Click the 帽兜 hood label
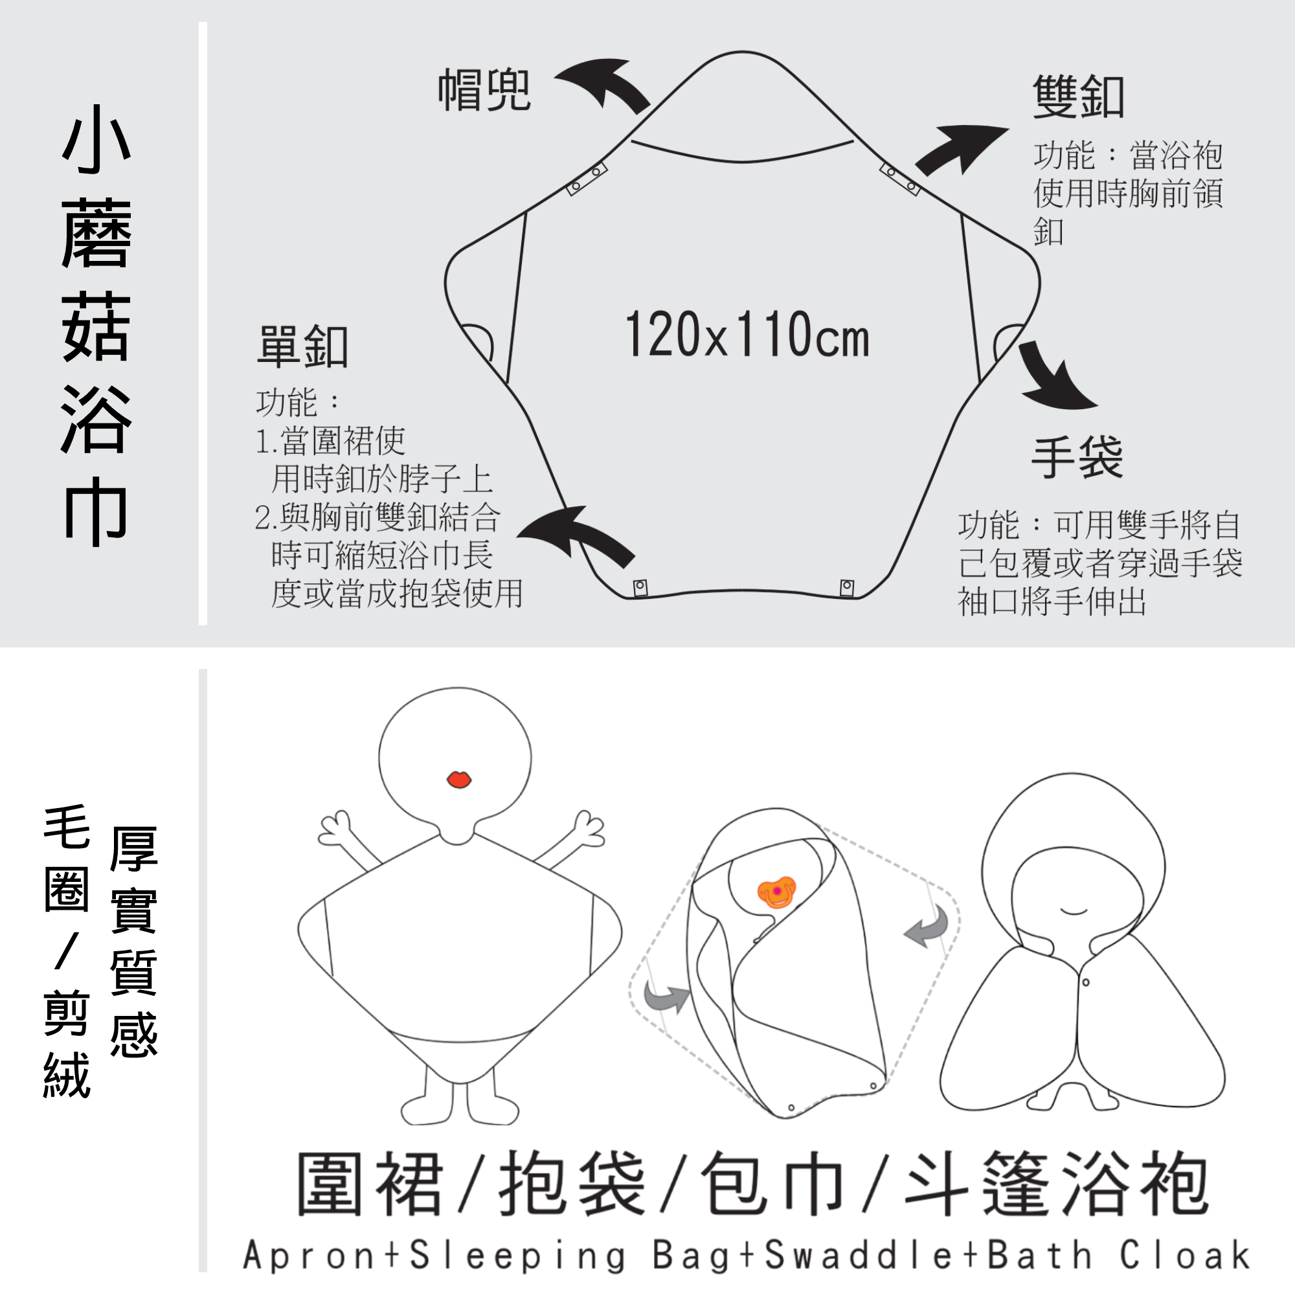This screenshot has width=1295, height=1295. click(x=484, y=90)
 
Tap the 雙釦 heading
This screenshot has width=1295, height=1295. click(x=1078, y=96)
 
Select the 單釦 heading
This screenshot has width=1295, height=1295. click(x=302, y=346)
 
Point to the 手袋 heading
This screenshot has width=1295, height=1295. click(x=1077, y=458)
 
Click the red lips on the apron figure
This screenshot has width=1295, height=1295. click(x=459, y=780)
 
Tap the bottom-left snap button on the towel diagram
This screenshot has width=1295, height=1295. click(x=640, y=588)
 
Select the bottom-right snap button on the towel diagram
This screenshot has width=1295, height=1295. click(x=846, y=588)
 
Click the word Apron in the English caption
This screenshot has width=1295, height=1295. click(x=309, y=1255)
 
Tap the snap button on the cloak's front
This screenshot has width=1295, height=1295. click(x=1086, y=983)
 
